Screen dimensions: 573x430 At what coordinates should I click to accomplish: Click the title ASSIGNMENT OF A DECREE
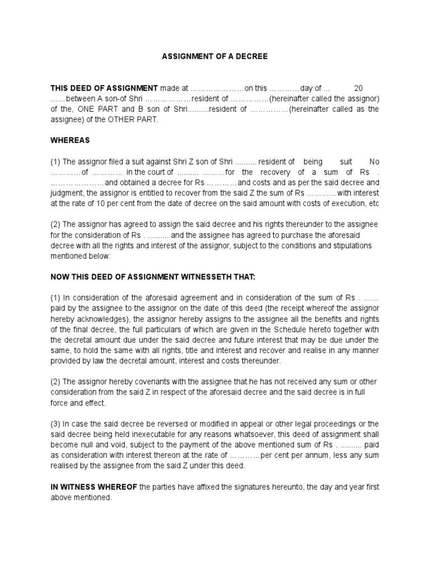(215, 57)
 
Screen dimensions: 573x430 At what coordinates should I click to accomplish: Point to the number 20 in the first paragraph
(359, 88)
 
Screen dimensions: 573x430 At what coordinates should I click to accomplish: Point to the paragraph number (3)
(57, 424)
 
